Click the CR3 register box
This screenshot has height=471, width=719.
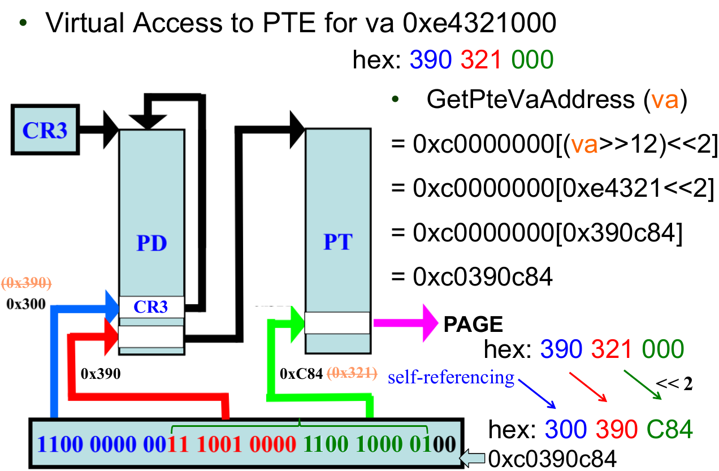45,130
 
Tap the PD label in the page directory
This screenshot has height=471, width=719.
151,244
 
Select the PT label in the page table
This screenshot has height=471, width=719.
337,242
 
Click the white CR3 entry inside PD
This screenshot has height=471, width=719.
151,306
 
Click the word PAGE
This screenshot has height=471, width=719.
473,324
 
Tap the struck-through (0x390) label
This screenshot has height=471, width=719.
27,283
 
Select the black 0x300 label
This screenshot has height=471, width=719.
25,304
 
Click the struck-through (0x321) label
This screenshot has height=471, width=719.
351,373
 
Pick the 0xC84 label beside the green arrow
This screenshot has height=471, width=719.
301,373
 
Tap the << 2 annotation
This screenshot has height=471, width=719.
674,384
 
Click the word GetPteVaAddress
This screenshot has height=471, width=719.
530,100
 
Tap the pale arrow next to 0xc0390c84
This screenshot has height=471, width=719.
473,457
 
